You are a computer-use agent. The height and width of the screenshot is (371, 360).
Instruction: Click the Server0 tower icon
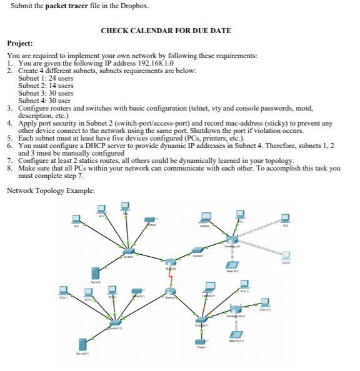click(96, 273)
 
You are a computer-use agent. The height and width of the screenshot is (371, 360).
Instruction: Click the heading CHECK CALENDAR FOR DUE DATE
click(166, 31)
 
